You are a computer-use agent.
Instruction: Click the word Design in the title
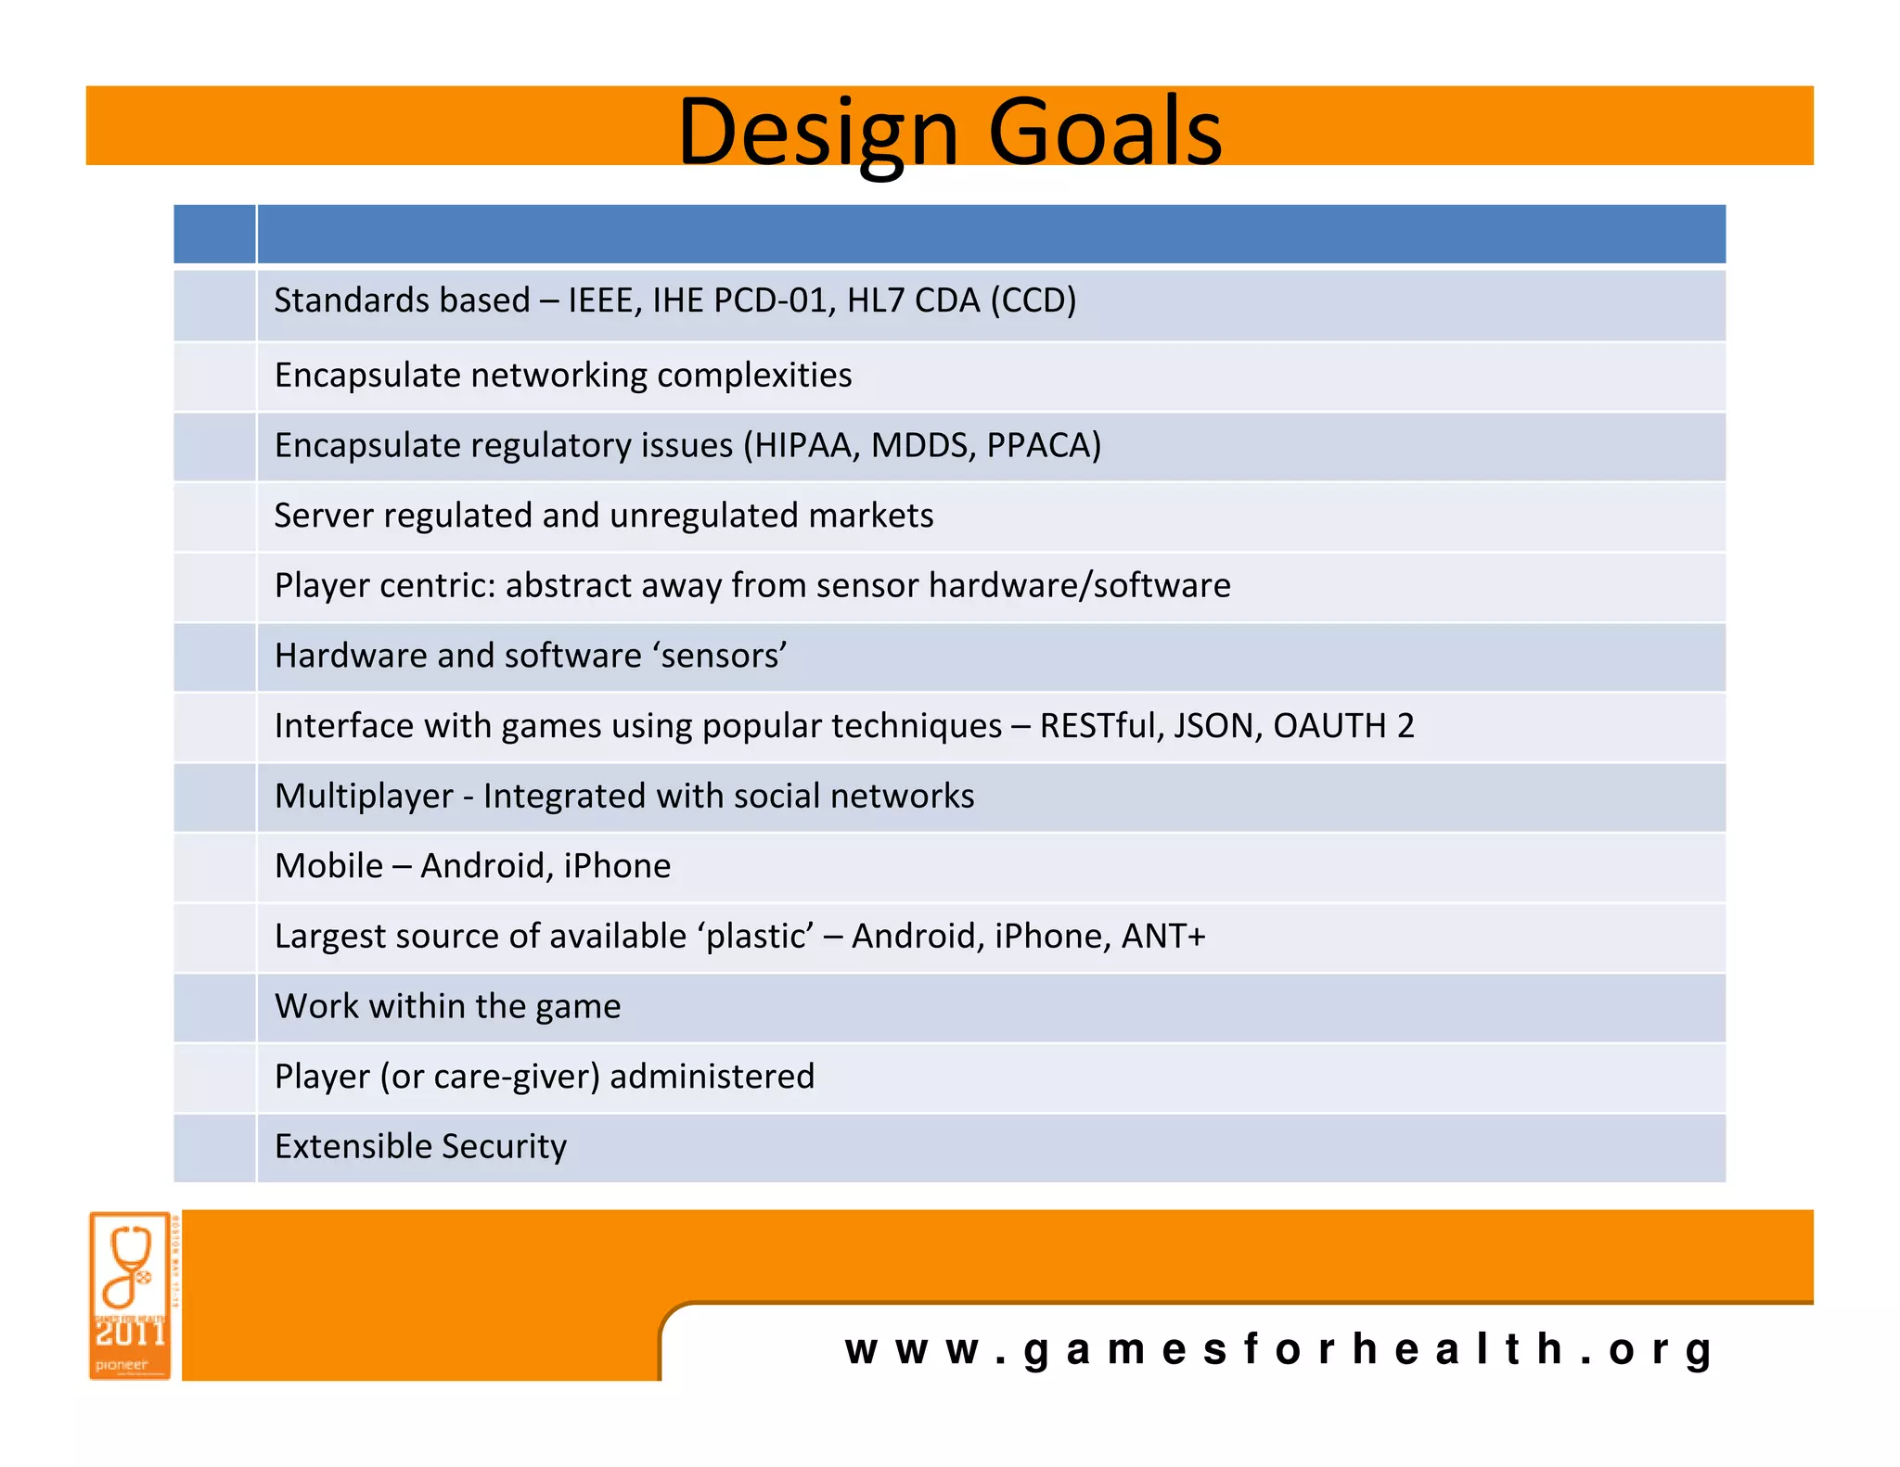[x=816, y=132]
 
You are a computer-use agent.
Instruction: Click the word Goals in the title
[x=1105, y=132]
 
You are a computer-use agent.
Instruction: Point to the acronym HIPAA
[x=806, y=446]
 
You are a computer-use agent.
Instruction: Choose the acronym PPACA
[x=1043, y=446]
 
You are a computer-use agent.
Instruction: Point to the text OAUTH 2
[x=1342, y=726]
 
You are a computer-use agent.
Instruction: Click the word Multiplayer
[x=364, y=797]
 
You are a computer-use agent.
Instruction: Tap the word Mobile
[x=328, y=866]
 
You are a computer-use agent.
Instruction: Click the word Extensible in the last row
[x=340, y=1147]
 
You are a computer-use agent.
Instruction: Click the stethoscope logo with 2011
[x=131, y=1295]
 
